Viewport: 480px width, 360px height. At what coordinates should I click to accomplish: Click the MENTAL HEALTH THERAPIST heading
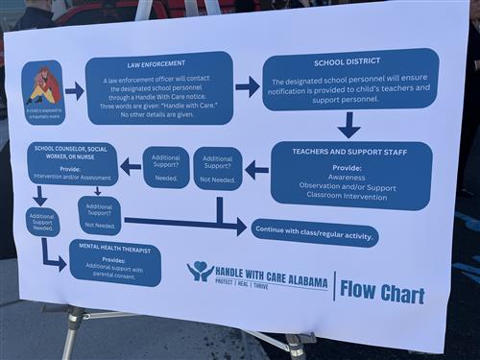tap(113, 248)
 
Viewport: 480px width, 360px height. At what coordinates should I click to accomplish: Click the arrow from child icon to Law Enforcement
tap(74, 90)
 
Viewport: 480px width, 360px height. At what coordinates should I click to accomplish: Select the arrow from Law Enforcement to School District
tap(247, 86)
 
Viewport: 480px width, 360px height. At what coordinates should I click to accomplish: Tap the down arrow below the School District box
tap(348, 125)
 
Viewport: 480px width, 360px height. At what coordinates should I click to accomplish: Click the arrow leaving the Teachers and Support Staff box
tap(256, 170)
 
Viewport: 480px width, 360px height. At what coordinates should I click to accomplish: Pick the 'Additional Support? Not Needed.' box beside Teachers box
tap(218, 166)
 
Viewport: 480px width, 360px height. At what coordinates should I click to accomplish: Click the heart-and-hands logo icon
tap(200, 271)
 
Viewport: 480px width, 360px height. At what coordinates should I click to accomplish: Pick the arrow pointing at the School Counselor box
tap(131, 166)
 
